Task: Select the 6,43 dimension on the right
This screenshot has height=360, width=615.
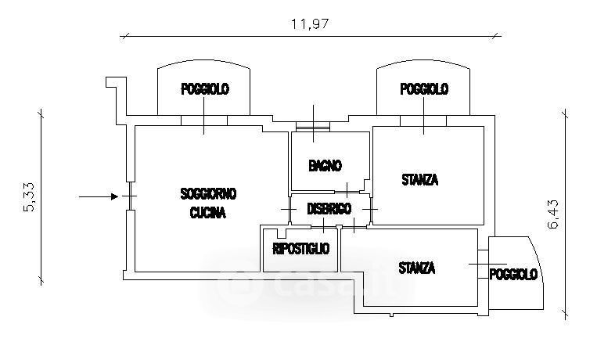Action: tap(554, 213)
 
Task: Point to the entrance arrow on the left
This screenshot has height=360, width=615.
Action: tap(97, 196)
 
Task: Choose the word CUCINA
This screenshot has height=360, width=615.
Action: tap(207, 213)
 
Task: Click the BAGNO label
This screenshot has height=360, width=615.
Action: tap(325, 166)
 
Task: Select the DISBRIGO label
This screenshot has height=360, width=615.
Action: tap(329, 209)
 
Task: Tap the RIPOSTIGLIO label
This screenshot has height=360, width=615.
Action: tap(301, 249)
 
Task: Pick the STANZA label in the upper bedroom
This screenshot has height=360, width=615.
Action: tap(419, 180)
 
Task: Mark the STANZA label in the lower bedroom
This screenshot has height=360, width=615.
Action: tap(416, 268)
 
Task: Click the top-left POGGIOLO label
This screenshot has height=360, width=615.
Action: tap(205, 90)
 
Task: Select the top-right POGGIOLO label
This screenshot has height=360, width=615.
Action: tap(424, 90)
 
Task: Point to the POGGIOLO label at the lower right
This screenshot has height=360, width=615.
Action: tap(513, 274)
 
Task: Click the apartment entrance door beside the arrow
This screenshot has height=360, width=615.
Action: tap(128, 196)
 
